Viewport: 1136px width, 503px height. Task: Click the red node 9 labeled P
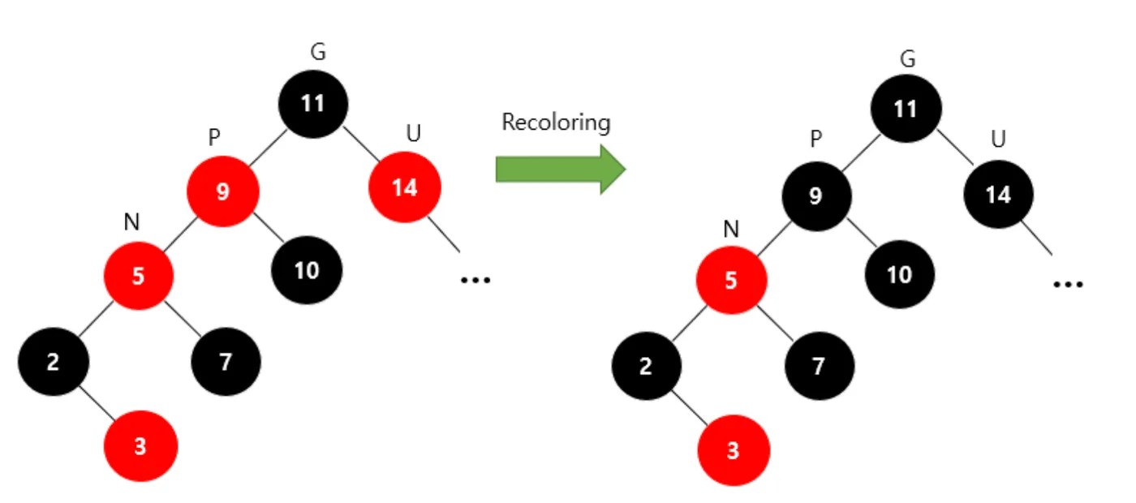click(x=223, y=191)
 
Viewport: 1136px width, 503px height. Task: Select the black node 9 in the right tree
click(x=816, y=196)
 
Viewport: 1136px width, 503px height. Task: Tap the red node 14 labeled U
click(x=405, y=187)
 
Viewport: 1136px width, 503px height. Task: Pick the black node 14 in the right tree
click(x=999, y=194)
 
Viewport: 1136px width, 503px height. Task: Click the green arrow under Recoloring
click(x=561, y=169)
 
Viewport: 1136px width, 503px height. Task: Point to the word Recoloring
click(x=556, y=123)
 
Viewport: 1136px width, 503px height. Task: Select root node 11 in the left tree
click(x=313, y=104)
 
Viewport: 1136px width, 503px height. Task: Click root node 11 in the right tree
click(x=906, y=109)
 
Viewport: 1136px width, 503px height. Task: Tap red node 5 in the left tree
click(x=139, y=276)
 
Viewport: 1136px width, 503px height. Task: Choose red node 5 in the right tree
click(x=731, y=280)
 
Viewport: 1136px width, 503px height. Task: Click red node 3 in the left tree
click(x=140, y=446)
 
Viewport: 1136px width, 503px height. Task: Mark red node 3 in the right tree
click(x=734, y=450)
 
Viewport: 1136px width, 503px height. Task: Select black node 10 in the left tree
click(x=307, y=270)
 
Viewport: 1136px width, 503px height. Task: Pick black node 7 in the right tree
click(x=820, y=366)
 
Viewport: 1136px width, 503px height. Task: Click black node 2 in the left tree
click(x=54, y=362)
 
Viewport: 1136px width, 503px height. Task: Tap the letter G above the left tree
click(x=318, y=52)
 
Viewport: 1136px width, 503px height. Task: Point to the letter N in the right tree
click(x=731, y=229)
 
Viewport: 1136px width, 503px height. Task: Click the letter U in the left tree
click(x=414, y=133)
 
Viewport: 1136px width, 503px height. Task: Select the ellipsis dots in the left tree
click(x=475, y=280)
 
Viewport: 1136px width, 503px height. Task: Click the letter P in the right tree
click(x=816, y=139)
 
